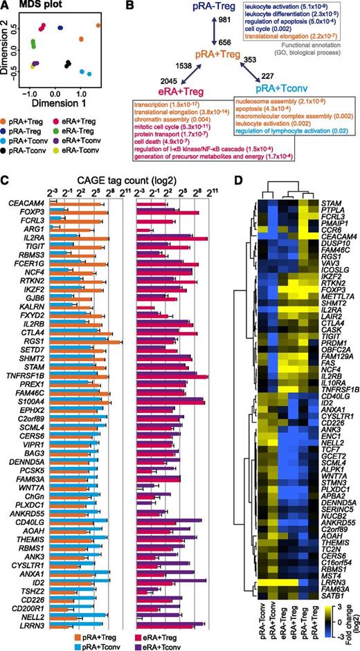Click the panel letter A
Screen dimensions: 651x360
click(x=6, y=6)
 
